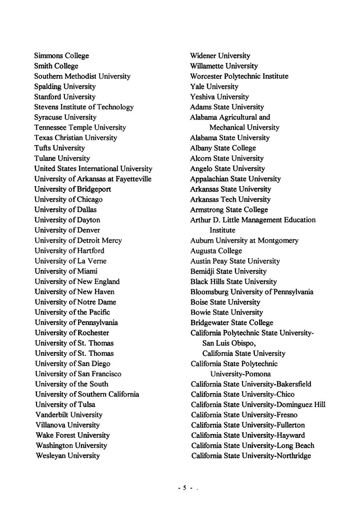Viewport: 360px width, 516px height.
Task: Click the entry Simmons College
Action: click(x=61, y=56)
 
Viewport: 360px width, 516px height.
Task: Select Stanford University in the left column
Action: click(x=64, y=97)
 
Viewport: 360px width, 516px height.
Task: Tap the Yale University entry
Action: click(x=214, y=87)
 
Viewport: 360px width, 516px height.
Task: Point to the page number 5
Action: click(x=185, y=487)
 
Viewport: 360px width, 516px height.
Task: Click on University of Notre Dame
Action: click(x=75, y=302)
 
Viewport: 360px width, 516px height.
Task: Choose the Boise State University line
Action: click(x=225, y=302)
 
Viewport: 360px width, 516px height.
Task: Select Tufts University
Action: click(x=59, y=148)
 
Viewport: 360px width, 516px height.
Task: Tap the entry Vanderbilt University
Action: click(x=69, y=415)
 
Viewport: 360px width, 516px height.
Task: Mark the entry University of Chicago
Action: click(x=68, y=199)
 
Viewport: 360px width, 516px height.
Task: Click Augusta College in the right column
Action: click(x=216, y=251)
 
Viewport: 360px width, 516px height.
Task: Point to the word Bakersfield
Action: click(x=293, y=384)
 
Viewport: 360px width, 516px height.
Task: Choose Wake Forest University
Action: click(x=72, y=435)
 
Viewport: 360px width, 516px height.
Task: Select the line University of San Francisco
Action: click(x=78, y=374)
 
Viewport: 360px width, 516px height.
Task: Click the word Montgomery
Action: click(x=278, y=241)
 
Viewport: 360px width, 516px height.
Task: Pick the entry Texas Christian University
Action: click(x=75, y=138)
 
